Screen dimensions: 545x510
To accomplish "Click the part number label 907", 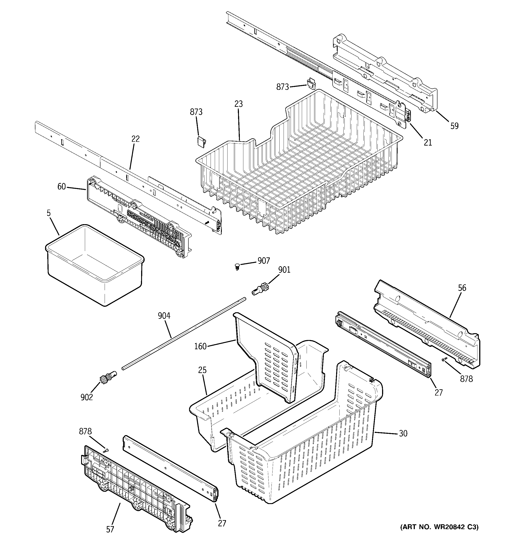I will tap(263, 261).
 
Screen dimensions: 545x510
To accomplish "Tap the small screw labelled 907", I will tap(237, 266).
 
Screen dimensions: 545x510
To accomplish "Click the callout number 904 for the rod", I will tap(164, 316).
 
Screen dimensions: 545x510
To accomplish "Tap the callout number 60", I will tap(61, 187).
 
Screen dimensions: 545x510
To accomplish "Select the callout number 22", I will tap(135, 139).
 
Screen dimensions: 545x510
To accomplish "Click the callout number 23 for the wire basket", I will tap(239, 104).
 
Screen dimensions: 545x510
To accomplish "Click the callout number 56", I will tap(462, 288).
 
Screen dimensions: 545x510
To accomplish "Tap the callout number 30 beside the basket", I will tap(403, 433).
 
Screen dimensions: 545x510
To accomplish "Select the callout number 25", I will tap(202, 370).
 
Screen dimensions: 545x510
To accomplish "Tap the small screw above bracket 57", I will tap(106, 450).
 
